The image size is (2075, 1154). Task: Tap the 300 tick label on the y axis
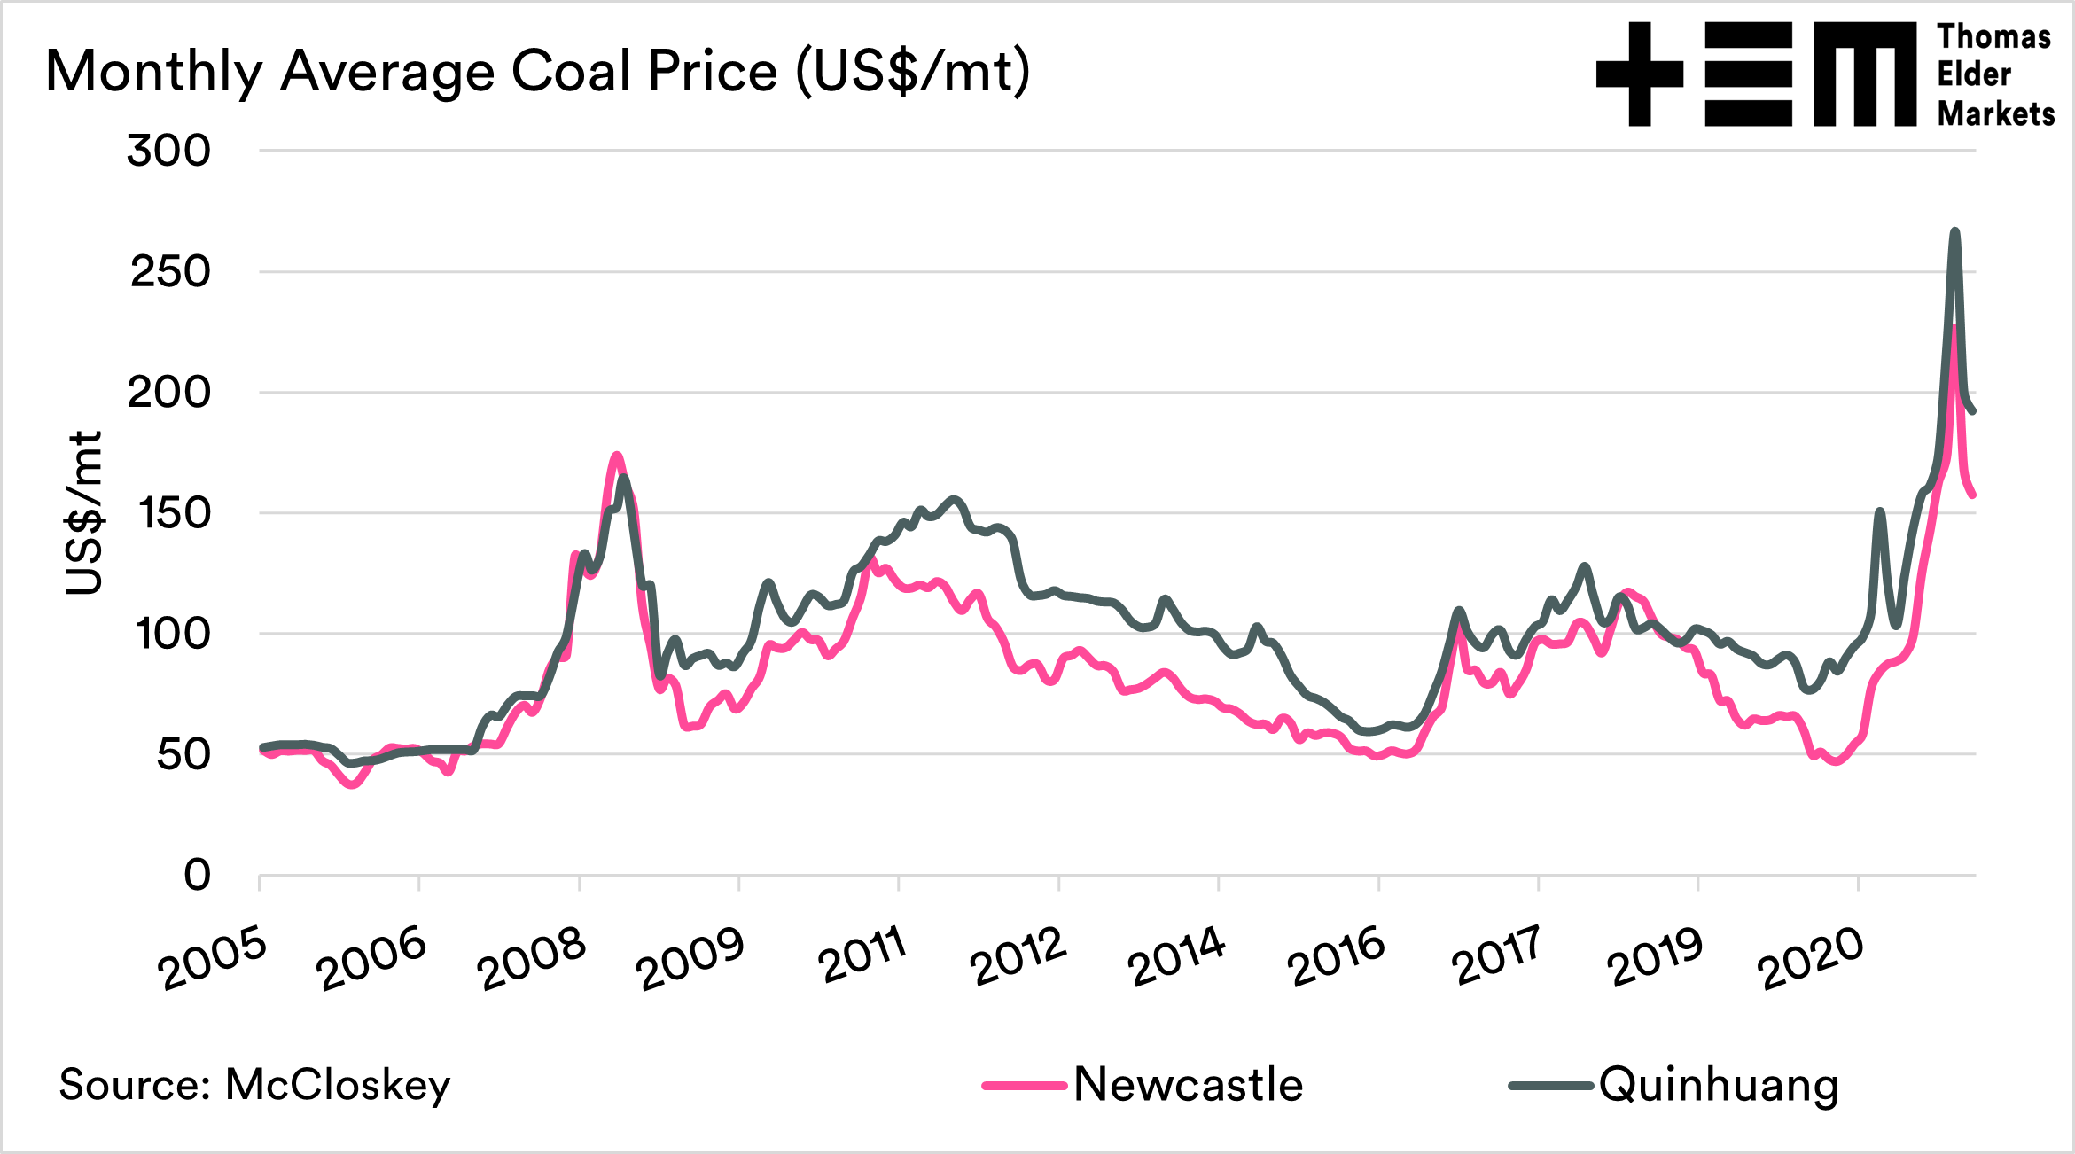point(168,151)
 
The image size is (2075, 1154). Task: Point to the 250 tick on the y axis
point(170,271)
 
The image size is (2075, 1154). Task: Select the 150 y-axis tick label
point(175,513)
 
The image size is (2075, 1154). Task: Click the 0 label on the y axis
point(197,875)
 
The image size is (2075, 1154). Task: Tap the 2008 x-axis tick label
point(532,959)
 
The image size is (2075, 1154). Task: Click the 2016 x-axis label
point(1335,957)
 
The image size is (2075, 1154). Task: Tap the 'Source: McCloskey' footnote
point(254,1085)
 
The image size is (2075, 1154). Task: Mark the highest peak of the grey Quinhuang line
point(1954,231)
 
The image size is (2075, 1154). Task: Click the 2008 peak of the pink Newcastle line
point(617,456)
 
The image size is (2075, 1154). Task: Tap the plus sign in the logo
point(1639,74)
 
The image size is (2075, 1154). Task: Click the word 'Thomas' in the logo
point(1993,37)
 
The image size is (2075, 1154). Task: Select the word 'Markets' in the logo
point(1995,113)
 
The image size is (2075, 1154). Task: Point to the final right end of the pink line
point(1973,495)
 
